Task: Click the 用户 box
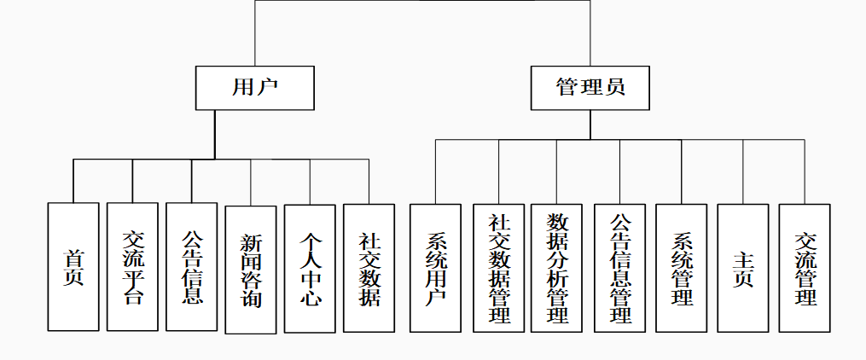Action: (x=255, y=88)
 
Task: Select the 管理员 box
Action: (x=590, y=88)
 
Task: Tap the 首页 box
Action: (x=73, y=267)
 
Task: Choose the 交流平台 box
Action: (x=132, y=267)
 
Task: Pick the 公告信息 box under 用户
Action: (x=191, y=267)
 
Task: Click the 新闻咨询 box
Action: (x=251, y=269)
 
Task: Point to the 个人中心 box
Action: (x=310, y=269)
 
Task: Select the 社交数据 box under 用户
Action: (x=369, y=269)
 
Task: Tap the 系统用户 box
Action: (x=435, y=268)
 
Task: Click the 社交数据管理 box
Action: (x=499, y=268)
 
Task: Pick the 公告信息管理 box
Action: (x=620, y=268)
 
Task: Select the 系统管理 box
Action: (x=682, y=268)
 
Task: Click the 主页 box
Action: (x=743, y=268)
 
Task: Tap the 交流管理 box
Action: (x=805, y=268)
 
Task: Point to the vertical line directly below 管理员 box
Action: (x=590, y=125)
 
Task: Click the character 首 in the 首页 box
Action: (x=73, y=257)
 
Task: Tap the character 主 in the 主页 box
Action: (x=743, y=258)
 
